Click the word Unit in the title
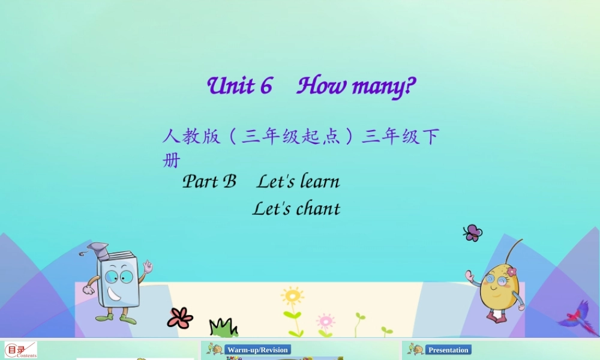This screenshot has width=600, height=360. point(230,86)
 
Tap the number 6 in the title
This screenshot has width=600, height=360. point(266,86)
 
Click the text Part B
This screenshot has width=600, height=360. point(209,181)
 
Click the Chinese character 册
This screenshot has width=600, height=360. point(171,161)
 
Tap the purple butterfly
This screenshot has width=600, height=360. point(473,233)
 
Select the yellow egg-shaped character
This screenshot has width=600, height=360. point(497,288)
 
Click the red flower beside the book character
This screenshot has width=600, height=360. point(180,317)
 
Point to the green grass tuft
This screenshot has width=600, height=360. point(223,327)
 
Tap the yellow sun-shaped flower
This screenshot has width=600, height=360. point(292,296)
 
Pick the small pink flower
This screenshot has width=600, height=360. point(325,320)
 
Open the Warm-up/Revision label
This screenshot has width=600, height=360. point(257,350)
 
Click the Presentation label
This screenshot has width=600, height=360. point(448,350)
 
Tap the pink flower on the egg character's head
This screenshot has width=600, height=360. point(511,272)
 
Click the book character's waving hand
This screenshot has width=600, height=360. point(147,266)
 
